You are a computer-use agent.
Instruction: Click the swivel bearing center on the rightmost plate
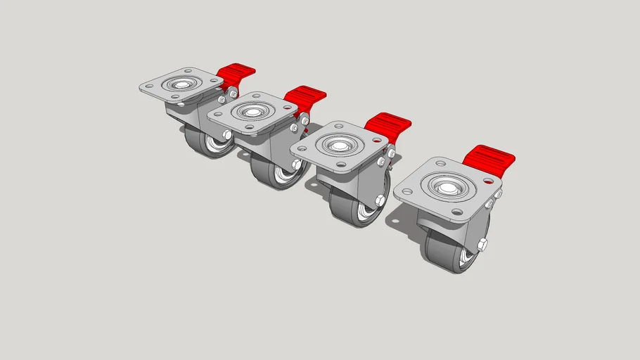444,188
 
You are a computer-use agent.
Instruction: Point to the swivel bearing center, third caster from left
339,146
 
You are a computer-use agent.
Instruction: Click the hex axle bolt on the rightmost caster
483,245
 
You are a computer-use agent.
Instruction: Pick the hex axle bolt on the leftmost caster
226,134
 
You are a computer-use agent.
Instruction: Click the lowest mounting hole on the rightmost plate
456,212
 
